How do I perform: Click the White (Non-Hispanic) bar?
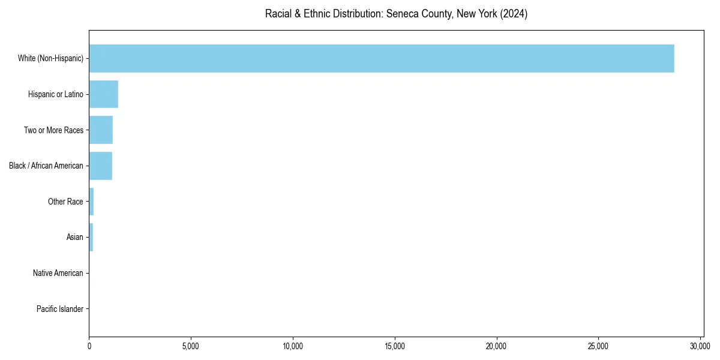click(382, 58)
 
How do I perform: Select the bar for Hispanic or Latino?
click(103, 94)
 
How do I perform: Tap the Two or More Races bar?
click(101, 130)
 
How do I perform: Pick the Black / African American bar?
click(100, 166)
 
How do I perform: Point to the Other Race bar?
click(91, 202)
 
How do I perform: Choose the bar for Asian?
click(91, 237)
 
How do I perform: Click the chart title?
click(396, 14)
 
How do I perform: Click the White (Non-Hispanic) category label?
click(50, 59)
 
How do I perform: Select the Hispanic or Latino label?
click(55, 94)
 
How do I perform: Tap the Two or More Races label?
click(53, 130)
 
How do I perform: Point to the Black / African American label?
click(46, 166)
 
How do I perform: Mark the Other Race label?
click(65, 202)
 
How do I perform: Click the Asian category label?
click(74, 238)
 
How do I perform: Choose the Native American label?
click(58, 273)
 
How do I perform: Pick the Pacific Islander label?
click(59, 309)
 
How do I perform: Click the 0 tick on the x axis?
click(89, 346)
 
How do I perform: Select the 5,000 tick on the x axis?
click(191, 346)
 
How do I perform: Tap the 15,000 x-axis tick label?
click(395, 346)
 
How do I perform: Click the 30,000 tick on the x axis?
click(700, 346)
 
